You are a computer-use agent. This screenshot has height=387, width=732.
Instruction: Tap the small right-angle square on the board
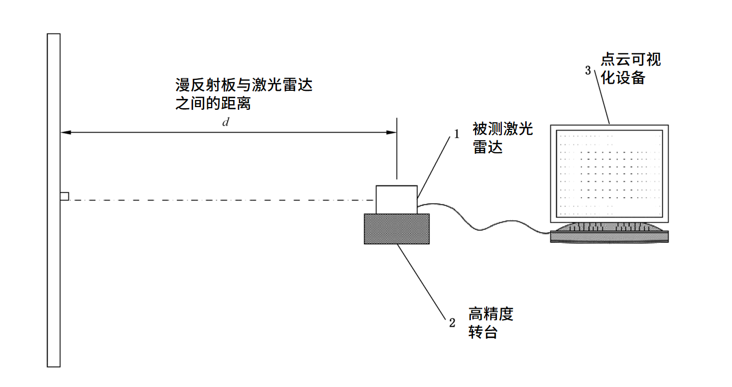[64, 196]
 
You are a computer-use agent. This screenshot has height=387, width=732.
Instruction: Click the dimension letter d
[225, 122]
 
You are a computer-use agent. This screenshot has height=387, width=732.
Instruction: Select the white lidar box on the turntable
[397, 199]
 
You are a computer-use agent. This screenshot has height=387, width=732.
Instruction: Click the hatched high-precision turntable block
[397, 228]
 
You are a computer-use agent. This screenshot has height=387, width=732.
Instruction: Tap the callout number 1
[457, 133]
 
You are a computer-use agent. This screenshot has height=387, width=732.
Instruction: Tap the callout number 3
[587, 71]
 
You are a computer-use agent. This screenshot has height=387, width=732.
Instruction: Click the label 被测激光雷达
[502, 138]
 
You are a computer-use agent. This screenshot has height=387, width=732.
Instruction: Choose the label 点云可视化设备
[631, 68]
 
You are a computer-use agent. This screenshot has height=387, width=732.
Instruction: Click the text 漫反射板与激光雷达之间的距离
[243, 94]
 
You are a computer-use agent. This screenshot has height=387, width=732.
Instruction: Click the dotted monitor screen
[610, 173]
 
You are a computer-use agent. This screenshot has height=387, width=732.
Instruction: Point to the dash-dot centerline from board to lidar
[218, 201]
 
